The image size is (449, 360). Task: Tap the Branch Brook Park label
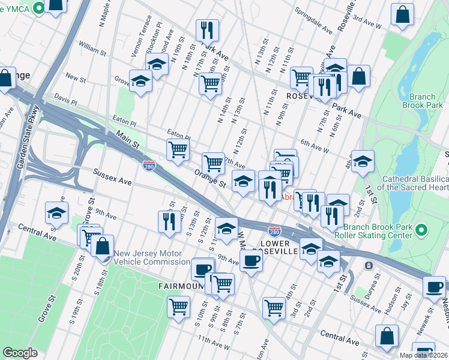click(x=426, y=101)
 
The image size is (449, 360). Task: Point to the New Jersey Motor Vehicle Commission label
click(x=152, y=257)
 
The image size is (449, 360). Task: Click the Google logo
click(x=20, y=352)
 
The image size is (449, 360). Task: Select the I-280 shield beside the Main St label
click(x=149, y=163)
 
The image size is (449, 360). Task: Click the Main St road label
click(x=128, y=142)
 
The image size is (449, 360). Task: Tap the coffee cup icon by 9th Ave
click(x=251, y=260)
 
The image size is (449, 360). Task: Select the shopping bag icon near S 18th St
click(x=103, y=245)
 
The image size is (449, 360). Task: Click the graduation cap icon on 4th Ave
click(x=363, y=161)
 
